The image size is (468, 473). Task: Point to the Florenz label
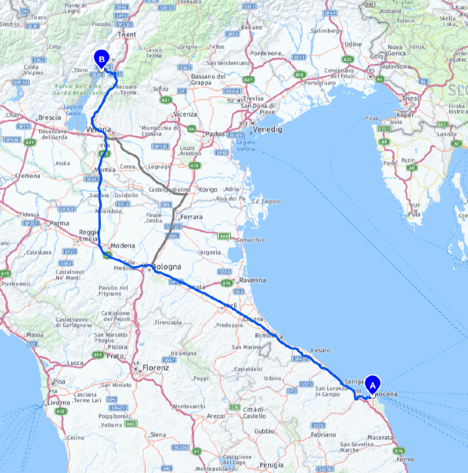click(156, 368)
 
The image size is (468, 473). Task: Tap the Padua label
click(215, 134)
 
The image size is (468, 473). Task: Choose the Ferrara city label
click(191, 217)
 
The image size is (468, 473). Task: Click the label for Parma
click(60, 223)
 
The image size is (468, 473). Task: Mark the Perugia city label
click(272, 465)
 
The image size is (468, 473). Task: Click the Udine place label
click(353, 44)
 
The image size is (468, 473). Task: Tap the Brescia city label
click(50, 118)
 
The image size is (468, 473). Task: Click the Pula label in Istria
click(413, 214)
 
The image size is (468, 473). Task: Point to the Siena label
click(158, 434)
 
